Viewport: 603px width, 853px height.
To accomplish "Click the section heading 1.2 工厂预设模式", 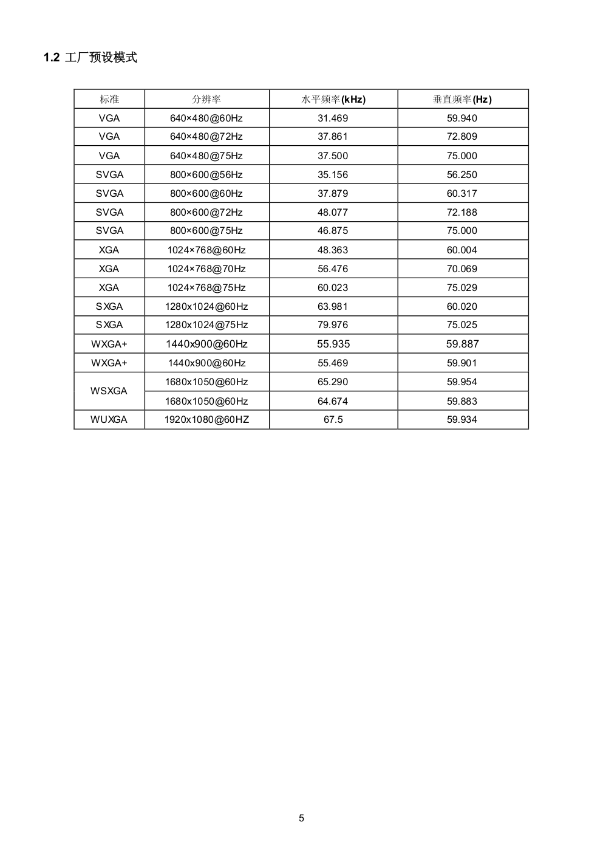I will pos(90,58).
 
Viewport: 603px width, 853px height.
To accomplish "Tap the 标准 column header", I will pos(109,99).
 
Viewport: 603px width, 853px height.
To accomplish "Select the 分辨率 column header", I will pos(206,99).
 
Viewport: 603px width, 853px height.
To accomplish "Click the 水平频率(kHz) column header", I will pos(333,99).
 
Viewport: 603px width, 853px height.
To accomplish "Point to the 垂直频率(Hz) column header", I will pos(462,99).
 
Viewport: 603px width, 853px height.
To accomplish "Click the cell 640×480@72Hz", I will pos(206,137).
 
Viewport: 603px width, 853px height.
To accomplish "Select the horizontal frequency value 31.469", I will pos(333,118).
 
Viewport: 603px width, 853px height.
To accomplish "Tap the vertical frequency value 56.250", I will pos(462,174).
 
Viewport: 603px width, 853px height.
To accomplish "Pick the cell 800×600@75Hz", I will pos(206,231).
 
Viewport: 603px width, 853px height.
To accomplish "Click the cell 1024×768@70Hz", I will pos(206,269).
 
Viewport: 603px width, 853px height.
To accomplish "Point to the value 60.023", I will pos(333,287).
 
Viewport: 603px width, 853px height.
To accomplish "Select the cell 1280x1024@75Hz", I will pos(206,325).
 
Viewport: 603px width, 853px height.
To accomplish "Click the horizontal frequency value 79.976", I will pos(333,325).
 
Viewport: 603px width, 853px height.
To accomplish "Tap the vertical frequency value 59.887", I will pos(462,344).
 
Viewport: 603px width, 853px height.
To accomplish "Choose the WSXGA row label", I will pos(109,391).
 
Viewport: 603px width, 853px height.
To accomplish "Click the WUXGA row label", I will pos(109,419).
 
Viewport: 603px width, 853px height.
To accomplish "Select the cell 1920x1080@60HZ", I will pos(206,419).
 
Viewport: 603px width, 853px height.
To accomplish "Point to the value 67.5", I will pos(333,419).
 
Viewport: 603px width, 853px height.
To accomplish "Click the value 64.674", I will pos(333,401).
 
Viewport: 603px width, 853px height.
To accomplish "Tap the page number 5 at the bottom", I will pos(302,818).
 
